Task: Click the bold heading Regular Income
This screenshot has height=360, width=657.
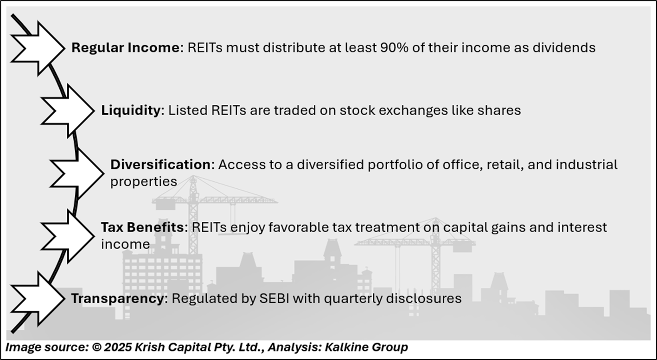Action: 126,47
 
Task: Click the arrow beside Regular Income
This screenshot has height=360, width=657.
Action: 38,48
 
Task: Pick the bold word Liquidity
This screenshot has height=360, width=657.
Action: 131,110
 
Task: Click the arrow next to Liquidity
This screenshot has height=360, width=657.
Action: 68,110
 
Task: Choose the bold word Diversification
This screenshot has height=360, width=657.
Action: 160,165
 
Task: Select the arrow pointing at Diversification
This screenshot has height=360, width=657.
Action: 77,174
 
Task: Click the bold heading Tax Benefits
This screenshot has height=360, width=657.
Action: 142,227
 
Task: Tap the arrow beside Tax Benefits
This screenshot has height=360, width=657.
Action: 68,236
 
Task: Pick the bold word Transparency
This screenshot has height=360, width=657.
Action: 119,298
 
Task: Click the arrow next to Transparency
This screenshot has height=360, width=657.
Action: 38,299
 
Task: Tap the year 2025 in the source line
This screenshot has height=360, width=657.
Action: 117,347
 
